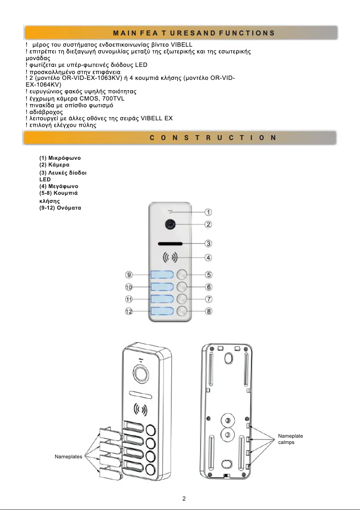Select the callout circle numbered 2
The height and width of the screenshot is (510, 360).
coord(209,224)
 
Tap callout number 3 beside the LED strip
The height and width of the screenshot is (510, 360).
coord(209,244)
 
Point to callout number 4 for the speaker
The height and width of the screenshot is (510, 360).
coord(209,258)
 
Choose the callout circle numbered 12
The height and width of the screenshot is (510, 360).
coord(129,312)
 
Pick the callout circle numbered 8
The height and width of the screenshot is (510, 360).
coord(209,312)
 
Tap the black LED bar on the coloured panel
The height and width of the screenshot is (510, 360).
coord(170,244)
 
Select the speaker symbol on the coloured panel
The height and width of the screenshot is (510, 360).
coord(170,258)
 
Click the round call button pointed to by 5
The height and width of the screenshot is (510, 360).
coord(182,275)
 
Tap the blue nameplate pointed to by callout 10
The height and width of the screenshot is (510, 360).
coord(162,287)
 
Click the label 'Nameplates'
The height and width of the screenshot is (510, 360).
coord(68,457)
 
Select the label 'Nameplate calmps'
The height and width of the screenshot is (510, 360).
coord(290,439)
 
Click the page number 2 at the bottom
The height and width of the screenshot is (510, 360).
coord(184,498)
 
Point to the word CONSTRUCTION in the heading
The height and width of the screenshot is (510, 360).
coord(213,138)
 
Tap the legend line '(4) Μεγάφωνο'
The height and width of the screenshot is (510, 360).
coord(59,186)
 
